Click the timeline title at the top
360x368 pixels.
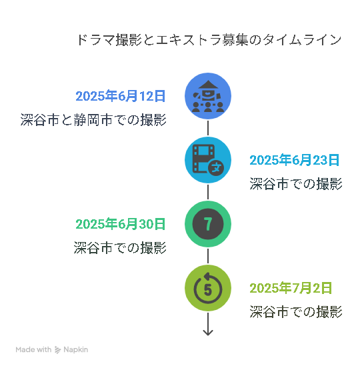point(209,39)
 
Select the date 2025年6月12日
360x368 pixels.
point(121,96)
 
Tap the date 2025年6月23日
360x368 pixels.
point(295,160)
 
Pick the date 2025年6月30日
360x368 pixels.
point(121,224)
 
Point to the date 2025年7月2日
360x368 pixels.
point(291,288)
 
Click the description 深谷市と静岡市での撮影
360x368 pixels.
point(93,120)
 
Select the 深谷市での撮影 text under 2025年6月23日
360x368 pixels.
point(296,183)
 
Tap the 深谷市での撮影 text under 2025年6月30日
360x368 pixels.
point(120,247)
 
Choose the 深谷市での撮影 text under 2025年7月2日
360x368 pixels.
point(296,312)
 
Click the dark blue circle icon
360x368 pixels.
point(208,96)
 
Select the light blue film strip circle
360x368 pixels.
point(208,160)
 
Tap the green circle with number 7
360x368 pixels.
point(208,224)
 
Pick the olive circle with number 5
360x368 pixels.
point(208,288)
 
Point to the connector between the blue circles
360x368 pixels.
point(208,128)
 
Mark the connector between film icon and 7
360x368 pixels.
point(208,192)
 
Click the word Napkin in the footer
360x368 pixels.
point(76,350)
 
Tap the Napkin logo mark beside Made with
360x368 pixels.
point(57,350)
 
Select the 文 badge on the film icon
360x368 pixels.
point(216,167)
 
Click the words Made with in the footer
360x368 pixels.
point(33,349)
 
